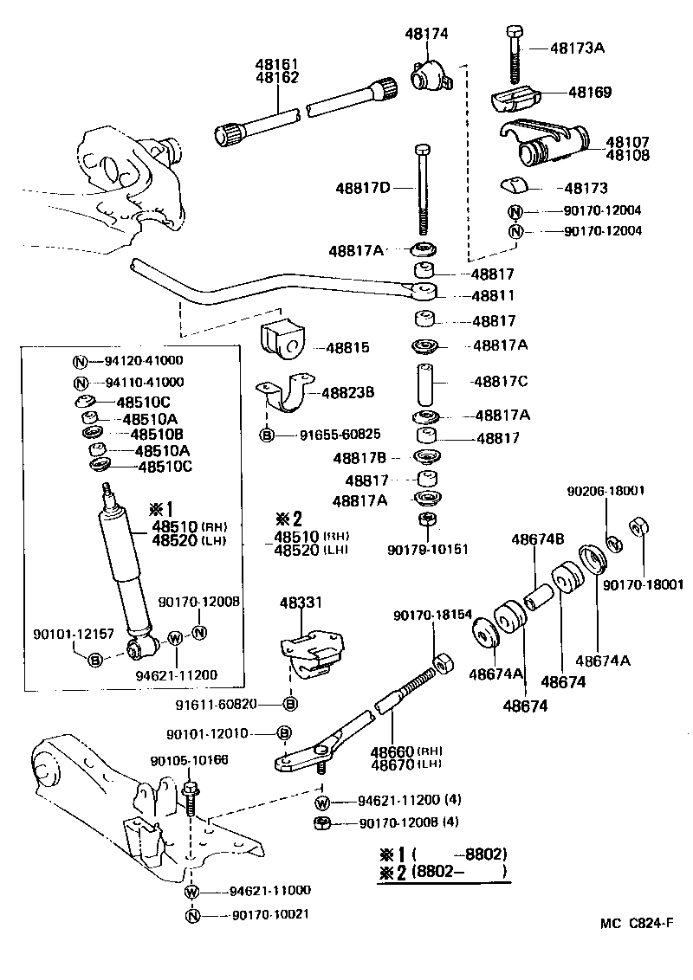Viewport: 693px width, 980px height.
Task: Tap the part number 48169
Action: click(x=589, y=92)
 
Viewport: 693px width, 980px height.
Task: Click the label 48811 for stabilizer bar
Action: click(x=493, y=296)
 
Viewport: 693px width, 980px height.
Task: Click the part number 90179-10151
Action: click(x=427, y=549)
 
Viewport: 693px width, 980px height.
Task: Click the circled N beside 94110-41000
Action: click(x=79, y=383)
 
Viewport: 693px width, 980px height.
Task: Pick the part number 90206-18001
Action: click(x=606, y=490)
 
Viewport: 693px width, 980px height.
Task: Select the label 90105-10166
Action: click(x=189, y=761)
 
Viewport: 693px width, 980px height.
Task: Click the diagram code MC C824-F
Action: click(x=636, y=924)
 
